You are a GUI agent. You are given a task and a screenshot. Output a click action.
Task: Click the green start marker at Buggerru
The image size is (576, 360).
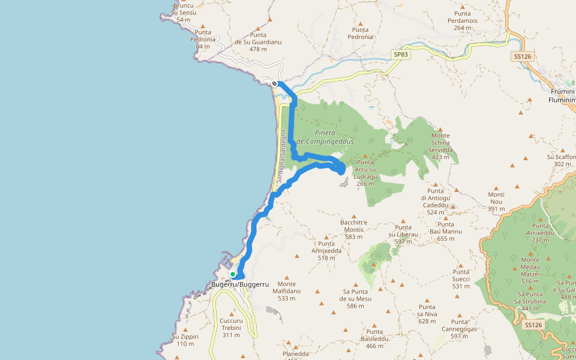(233, 274)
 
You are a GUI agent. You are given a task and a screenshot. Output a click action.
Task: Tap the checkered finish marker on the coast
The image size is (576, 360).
(274, 83)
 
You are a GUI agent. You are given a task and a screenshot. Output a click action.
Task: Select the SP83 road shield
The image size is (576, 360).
(400, 55)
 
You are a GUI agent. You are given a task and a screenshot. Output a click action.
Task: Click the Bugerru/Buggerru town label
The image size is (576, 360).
(240, 284)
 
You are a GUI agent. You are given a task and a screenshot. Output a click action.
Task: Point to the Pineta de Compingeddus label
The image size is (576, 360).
(325, 137)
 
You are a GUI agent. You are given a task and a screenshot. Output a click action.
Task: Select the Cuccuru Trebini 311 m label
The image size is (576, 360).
(230, 328)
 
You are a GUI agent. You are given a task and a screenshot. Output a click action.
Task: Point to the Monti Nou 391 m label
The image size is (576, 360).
(496, 202)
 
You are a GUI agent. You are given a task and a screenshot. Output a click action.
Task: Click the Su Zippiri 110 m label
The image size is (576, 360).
(185, 340)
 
